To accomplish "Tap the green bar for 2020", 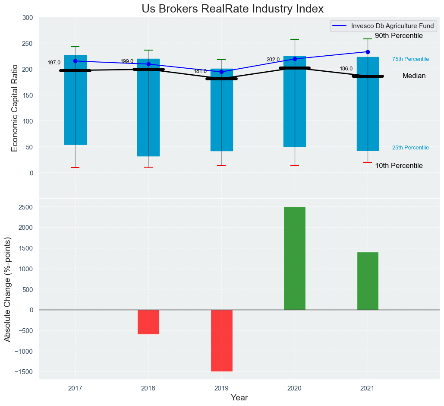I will point(295,258).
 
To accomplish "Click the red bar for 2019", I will point(221,340).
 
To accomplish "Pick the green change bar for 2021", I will point(368,281).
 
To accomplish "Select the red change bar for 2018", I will point(148,322).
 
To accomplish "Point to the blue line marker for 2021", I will point(368,52).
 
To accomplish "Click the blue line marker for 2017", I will point(75,61).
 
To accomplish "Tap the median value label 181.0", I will point(200,71).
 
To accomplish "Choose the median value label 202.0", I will point(273,60).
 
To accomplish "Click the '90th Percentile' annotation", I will point(399,36).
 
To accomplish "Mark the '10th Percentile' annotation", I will point(399,166).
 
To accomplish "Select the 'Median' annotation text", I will point(414,76).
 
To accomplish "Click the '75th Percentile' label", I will point(410,59).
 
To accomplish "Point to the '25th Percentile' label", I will point(410,148).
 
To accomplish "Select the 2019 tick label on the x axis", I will point(221,388).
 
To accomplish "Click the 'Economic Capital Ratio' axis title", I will point(15,108).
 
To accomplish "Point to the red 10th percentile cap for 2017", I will point(75,168).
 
